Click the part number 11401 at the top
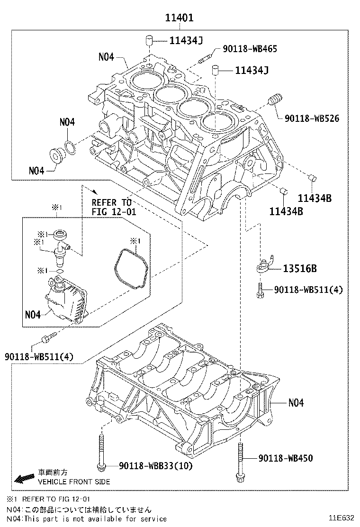pyautogui.click(x=180, y=18)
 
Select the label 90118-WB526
pyautogui.click(x=312, y=118)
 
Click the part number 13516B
pyautogui.click(x=300, y=269)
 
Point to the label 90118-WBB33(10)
pyautogui.click(x=156, y=466)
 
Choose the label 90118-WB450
pyautogui.click(x=286, y=458)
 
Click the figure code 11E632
pyautogui.click(x=342, y=518)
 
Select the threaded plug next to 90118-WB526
pyautogui.click(x=275, y=100)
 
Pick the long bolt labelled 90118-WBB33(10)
pyautogui.click(x=101, y=452)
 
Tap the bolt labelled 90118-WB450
pyautogui.click(x=240, y=461)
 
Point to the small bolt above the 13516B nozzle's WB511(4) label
pyautogui.click(x=260, y=290)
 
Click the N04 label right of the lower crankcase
pyautogui.click(x=296, y=403)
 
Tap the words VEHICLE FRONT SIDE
pyautogui.click(x=74, y=482)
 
